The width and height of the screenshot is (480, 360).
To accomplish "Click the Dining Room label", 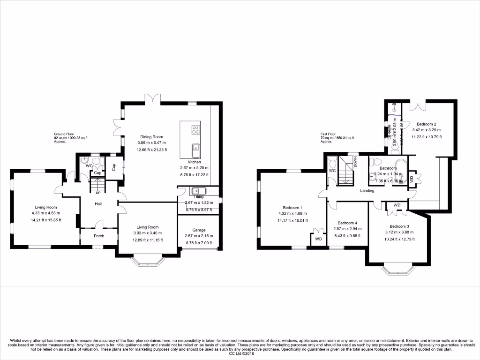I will (151, 137).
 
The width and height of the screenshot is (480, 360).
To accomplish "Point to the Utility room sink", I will (198, 191).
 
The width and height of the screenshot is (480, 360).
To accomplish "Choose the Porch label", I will (99, 236).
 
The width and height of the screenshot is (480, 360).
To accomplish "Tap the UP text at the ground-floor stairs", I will (98, 193).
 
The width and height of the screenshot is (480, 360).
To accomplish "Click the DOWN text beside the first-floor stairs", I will (355, 163).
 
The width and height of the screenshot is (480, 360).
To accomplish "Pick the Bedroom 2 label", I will (426, 124).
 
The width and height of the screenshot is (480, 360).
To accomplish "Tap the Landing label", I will (367, 191).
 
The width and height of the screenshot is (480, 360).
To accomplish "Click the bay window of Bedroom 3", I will (398, 270).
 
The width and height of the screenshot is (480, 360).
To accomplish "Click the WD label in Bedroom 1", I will (319, 239).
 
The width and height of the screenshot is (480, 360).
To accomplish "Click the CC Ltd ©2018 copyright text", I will (240, 354).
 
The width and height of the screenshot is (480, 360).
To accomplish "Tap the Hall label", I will (98, 204).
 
